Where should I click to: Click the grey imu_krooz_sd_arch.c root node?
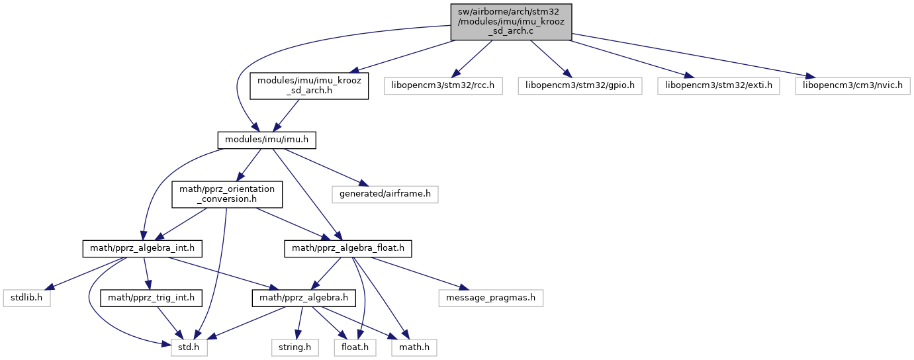511,22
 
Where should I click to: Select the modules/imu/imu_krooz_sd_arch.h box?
309,86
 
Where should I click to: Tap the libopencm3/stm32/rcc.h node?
443,86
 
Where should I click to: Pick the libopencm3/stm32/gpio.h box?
580,86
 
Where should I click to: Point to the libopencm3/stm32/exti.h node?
719,86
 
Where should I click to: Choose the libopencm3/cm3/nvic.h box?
853,86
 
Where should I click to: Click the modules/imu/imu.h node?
267,140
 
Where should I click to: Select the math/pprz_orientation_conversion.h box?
227,195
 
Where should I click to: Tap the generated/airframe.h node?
385,195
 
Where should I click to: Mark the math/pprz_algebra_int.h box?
142,249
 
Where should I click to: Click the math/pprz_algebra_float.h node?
348,249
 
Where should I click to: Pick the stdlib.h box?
26,298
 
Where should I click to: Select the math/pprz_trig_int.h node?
152,298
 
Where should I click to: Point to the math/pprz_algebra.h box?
304,298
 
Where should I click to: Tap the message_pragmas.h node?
491,298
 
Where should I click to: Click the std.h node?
189,347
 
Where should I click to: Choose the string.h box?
295,347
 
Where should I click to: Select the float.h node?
355,347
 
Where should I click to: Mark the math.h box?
414,347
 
